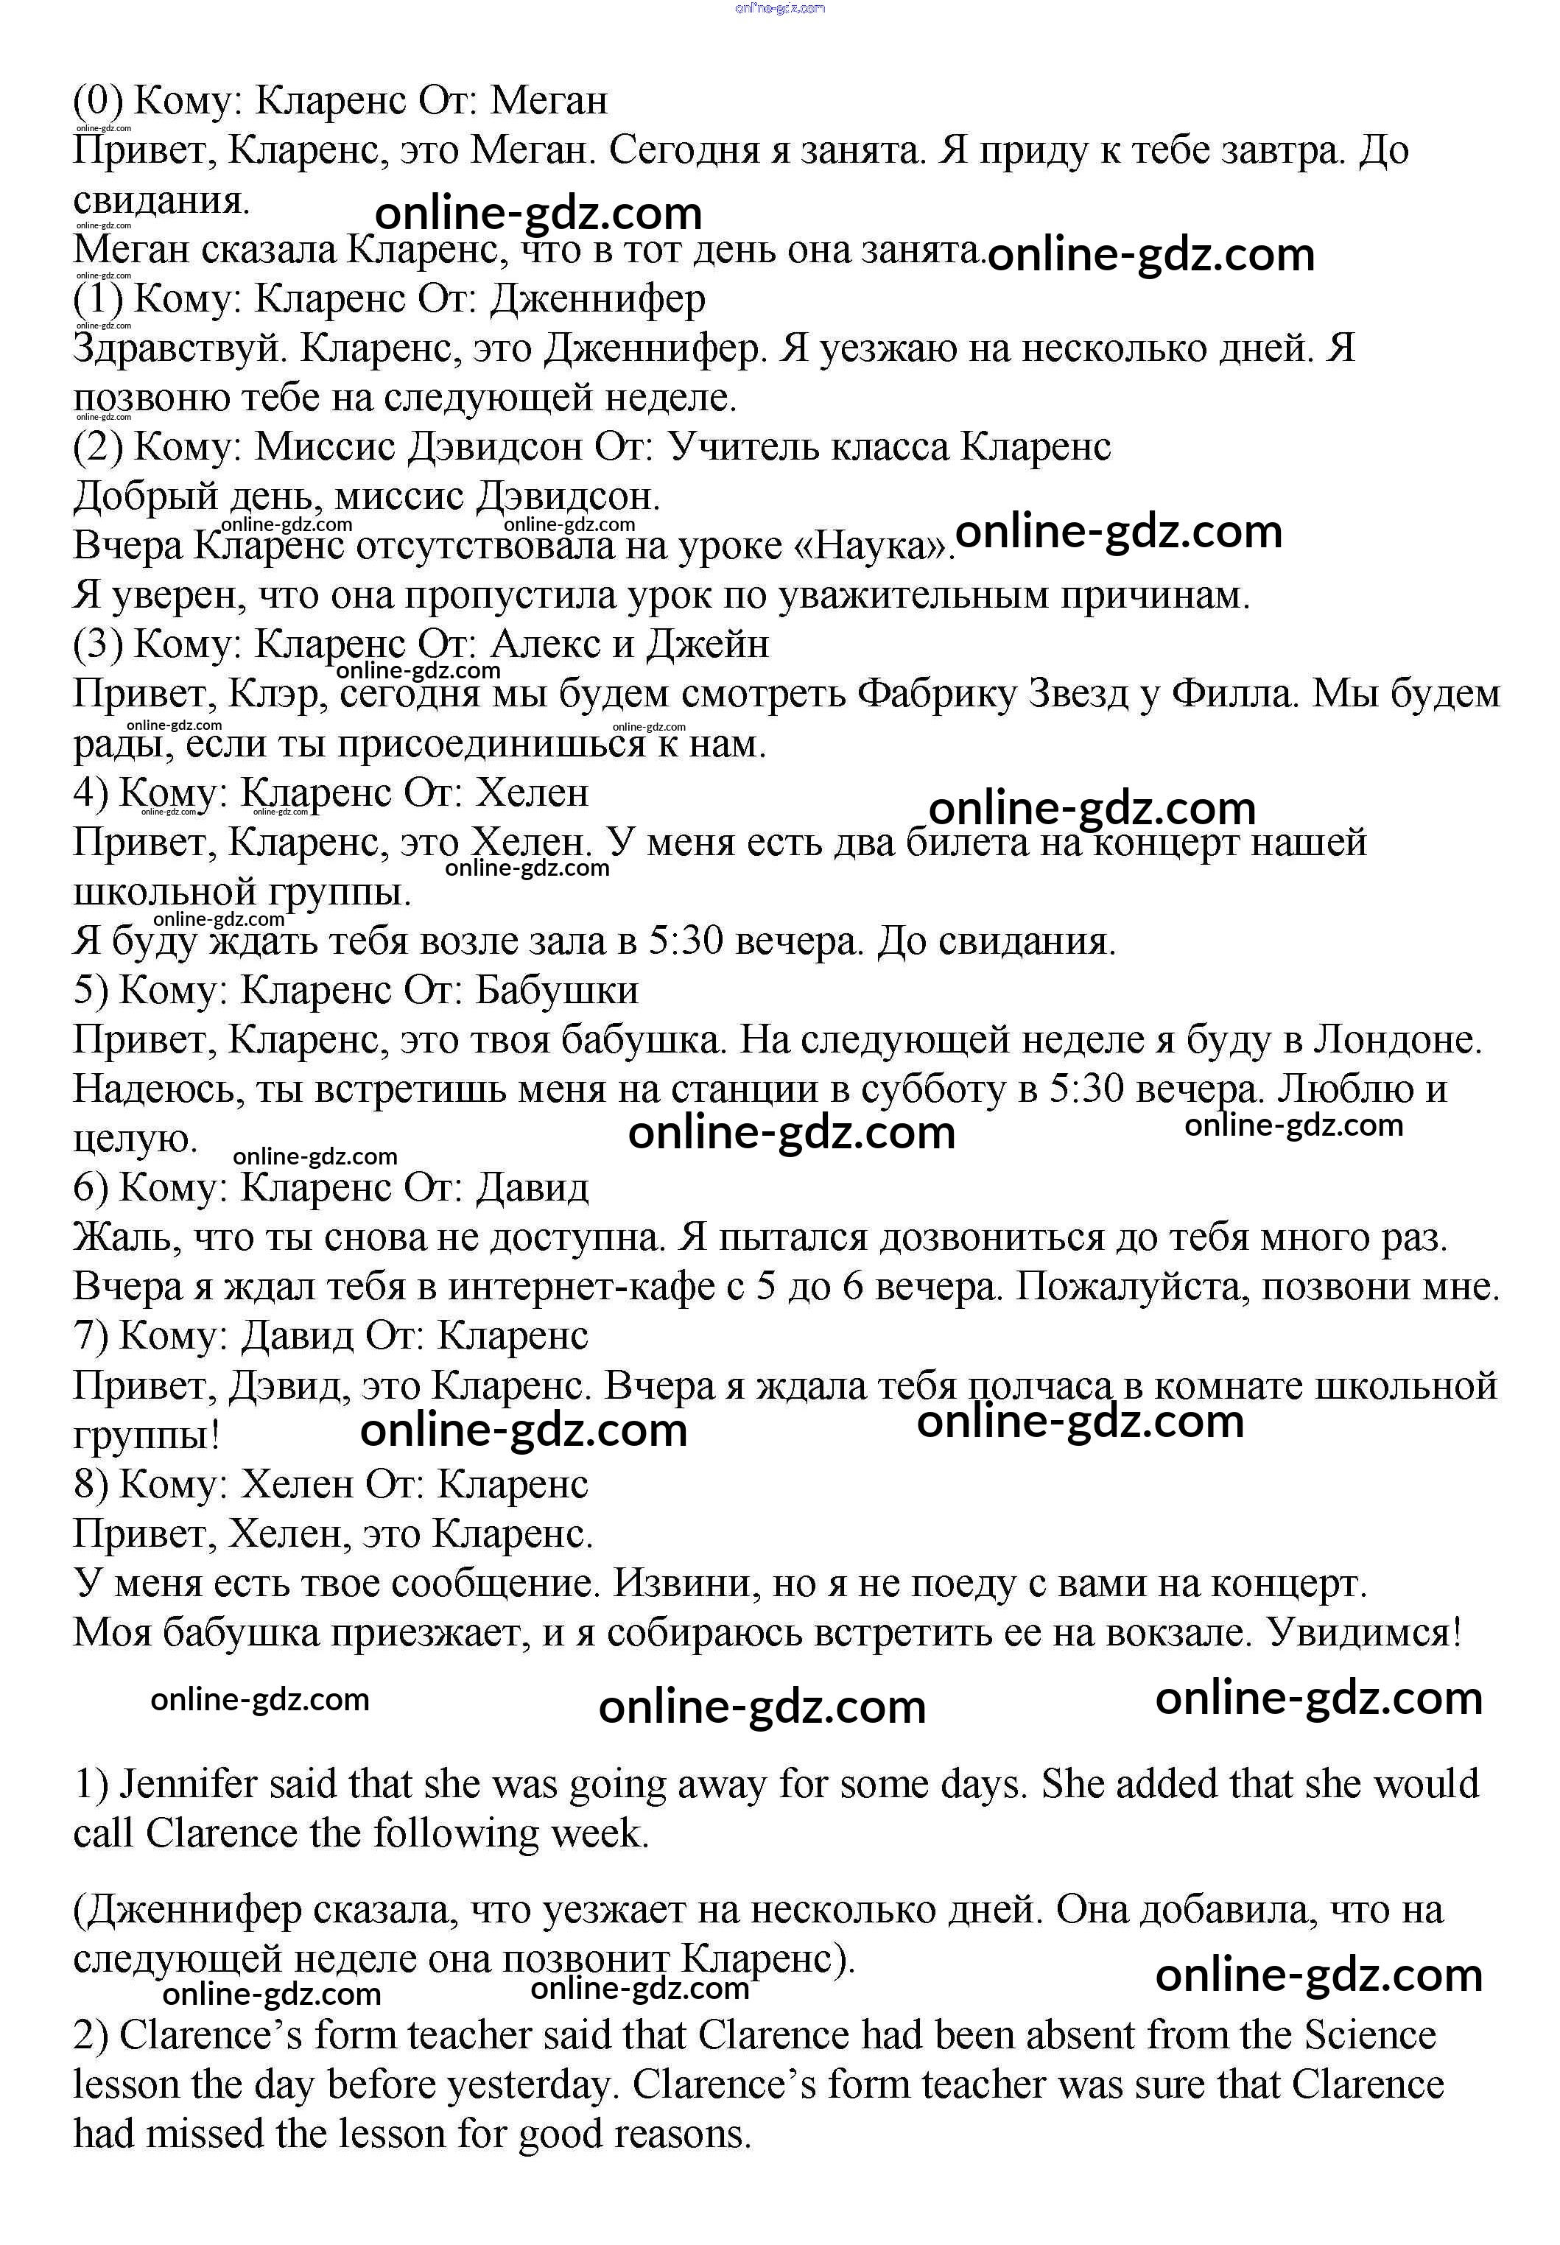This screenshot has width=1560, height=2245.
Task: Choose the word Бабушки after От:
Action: (x=557, y=991)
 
